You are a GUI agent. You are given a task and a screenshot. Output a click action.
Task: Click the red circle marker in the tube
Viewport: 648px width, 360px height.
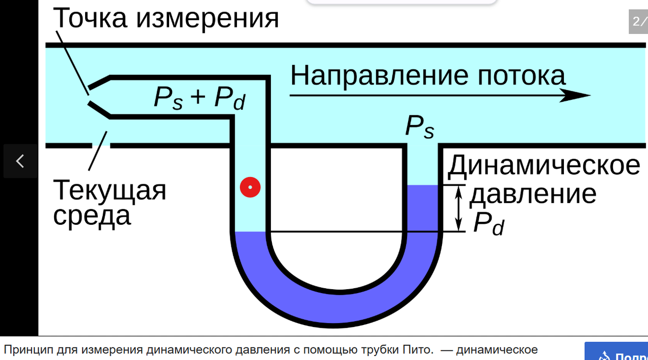point(250,187)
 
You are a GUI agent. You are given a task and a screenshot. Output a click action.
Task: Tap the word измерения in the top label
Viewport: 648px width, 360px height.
point(208,18)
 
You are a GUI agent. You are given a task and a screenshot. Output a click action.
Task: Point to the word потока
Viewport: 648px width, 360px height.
point(521,75)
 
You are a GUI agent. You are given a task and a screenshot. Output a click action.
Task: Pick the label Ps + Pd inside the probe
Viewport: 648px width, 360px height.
point(199,98)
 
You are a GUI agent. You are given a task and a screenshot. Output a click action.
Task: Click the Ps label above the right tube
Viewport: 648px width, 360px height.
point(419,127)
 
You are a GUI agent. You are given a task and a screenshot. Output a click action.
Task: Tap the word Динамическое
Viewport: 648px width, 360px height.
point(544,165)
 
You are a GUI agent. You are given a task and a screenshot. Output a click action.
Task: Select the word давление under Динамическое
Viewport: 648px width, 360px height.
point(533,194)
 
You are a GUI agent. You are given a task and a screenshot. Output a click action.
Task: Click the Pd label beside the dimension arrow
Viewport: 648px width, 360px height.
point(489,223)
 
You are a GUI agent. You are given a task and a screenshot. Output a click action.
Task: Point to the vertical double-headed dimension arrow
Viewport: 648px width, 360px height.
point(459,208)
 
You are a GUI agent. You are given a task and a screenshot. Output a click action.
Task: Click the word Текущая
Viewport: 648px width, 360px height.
point(110,191)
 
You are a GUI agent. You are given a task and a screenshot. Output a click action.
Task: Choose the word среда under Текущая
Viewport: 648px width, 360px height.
point(92,216)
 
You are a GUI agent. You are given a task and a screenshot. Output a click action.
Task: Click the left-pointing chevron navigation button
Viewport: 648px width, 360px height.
point(20,161)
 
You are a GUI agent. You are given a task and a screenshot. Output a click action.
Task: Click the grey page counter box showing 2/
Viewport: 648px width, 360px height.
point(638,22)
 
